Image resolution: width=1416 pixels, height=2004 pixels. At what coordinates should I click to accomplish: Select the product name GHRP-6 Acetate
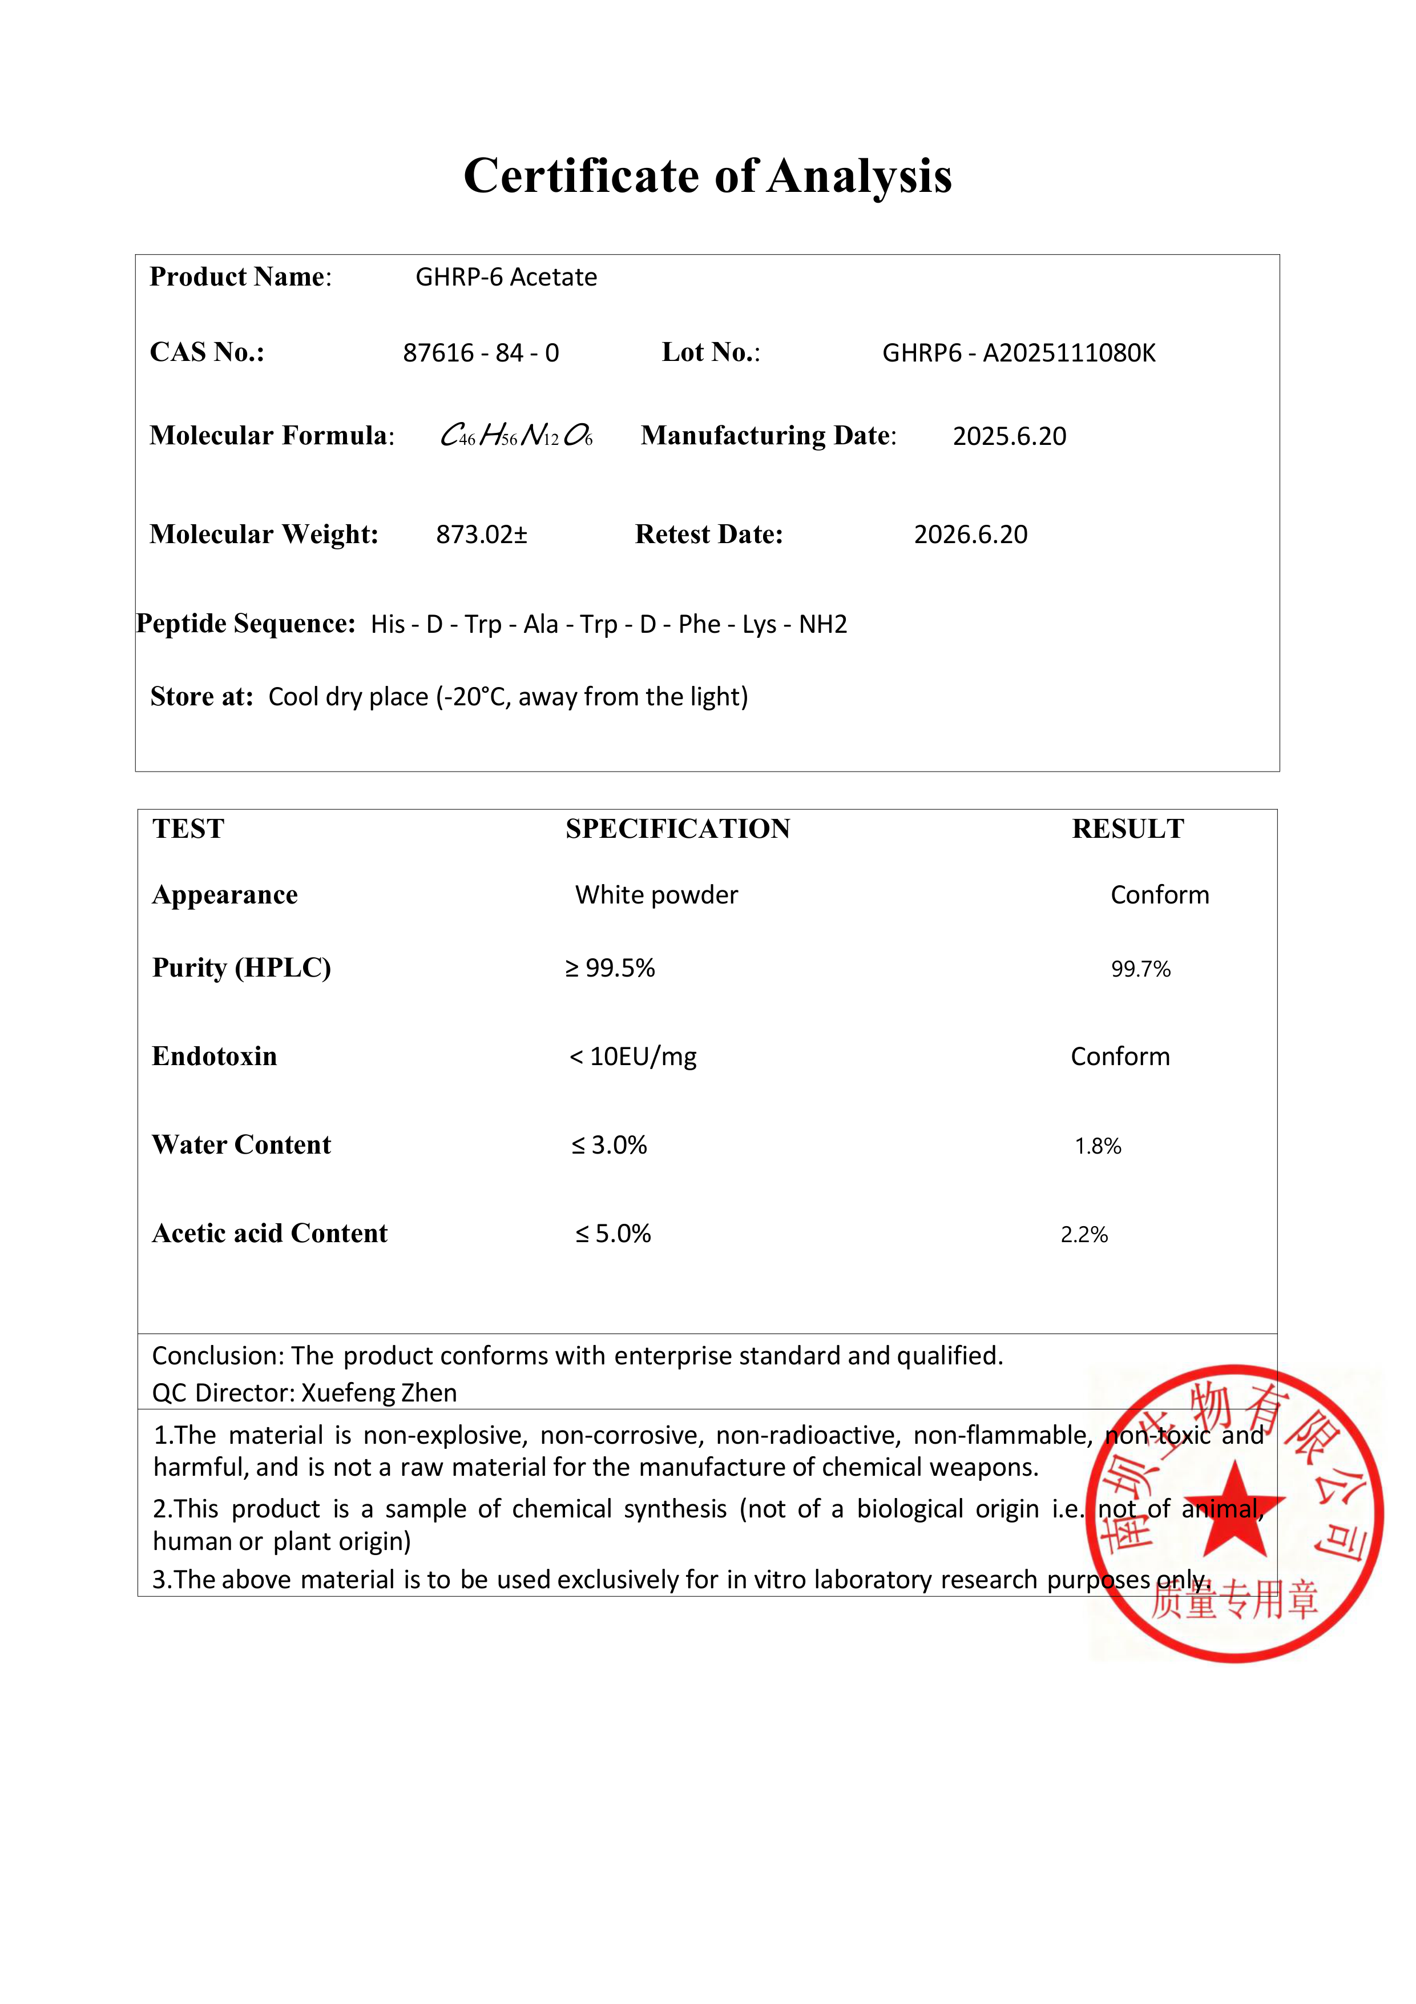506,278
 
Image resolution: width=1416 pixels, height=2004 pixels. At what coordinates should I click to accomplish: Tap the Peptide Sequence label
246,624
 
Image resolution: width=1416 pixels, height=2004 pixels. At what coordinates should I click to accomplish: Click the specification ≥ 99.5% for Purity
610,969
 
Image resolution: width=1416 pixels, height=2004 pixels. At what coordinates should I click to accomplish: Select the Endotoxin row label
215,1057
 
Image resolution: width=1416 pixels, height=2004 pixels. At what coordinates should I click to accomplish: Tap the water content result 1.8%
1098,1146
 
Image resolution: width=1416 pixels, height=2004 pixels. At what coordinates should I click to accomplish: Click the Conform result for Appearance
1160,895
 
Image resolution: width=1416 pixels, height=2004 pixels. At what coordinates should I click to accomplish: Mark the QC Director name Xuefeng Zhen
378,1393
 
